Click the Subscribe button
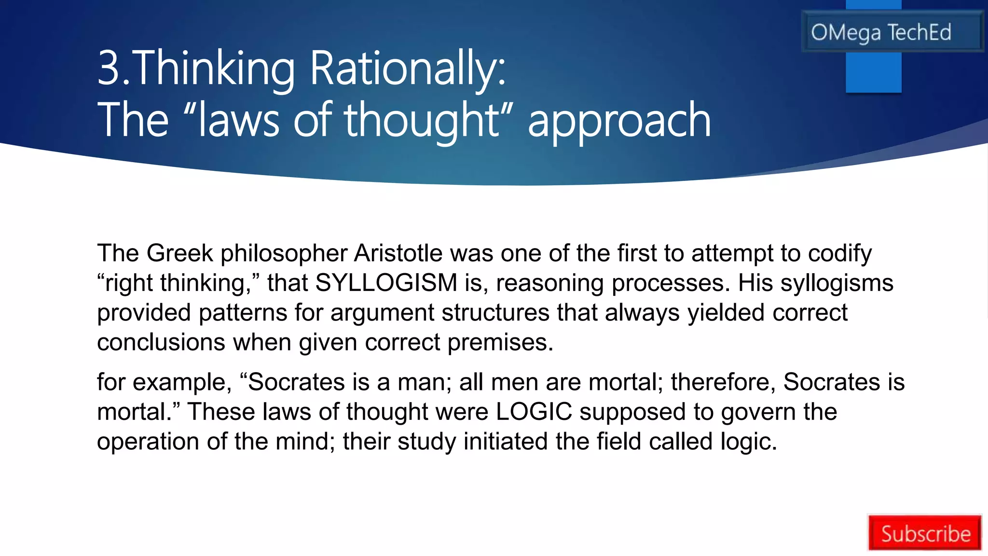[x=925, y=533]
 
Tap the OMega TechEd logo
[x=881, y=32]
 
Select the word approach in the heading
[x=619, y=120]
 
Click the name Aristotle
[x=398, y=253]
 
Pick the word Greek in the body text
[x=179, y=253]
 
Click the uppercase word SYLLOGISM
[x=386, y=283]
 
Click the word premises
[x=500, y=343]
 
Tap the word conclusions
[x=161, y=342]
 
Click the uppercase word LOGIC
[x=534, y=412]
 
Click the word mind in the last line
[x=305, y=441]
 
